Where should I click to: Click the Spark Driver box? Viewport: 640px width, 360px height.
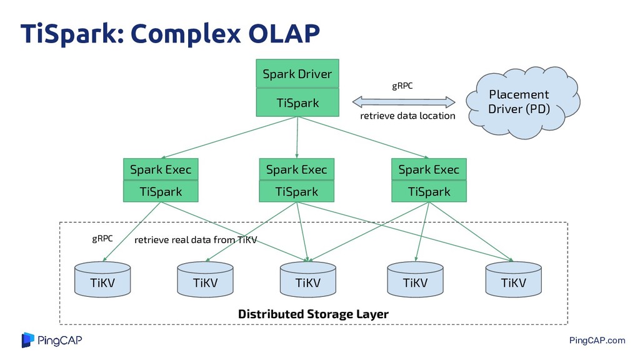pyautogui.click(x=297, y=74)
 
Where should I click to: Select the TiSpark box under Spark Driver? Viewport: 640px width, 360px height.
pyautogui.click(x=297, y=102)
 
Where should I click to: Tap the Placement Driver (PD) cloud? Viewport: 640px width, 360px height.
pyautogui.click(x=523, y=102)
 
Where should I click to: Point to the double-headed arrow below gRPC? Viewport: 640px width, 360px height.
pyautogui.click(x=404, y=102)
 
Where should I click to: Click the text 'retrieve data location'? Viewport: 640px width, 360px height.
pyautogui.click(x=407, y=116)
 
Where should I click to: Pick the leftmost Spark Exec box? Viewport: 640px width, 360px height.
pyautogui.click(x=161, y=169)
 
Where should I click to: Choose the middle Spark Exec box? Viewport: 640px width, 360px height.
pyautogui.click(x=297, y=169)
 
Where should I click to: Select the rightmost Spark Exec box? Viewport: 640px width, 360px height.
pyautogui.click(x=429, y=169)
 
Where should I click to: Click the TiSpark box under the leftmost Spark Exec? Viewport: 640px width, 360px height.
pyautogui.click(x=161, y=191)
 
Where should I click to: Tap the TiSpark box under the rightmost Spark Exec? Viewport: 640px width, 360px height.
pyautogui.click(x=429, y=191)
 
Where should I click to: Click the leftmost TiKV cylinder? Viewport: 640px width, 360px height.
pyautogui.click(x=102, y=279)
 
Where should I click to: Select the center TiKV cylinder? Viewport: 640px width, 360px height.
pyautogui.click(x=308, y=279)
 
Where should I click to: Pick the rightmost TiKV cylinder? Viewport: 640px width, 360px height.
pyautogui.click(x=514, y=279)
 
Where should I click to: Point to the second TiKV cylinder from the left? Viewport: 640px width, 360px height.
pyautogui.click(x=205, y=279)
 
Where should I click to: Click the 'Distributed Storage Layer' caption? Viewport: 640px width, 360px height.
pyautogui.click(x=313, y=314)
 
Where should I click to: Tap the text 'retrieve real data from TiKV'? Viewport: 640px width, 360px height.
pyautogui.click(x=196, y=239)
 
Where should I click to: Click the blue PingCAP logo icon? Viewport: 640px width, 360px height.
pyautogui.click(x=27, y=340)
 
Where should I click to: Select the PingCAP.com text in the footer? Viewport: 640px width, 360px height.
pyautogui.click(x=597, y=341)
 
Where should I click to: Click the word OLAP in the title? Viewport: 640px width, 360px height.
pyautogui.click(x=284, y=33)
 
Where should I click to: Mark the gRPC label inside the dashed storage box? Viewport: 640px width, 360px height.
pyautogui.click(x=102, y=238)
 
